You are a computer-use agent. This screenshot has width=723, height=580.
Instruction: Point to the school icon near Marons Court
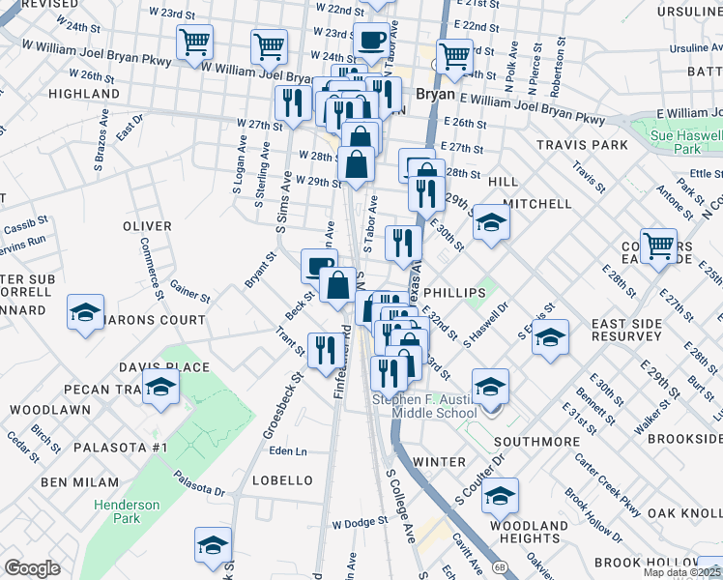pyautogui.click(x=85, y=313)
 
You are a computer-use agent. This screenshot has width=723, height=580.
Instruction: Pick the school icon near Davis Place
pyautogui.click(x=161, y=389)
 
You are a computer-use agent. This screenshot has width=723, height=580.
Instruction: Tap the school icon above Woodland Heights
pyautogui.click(x=500, y=496)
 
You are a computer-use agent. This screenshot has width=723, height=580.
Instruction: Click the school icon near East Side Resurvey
pyautogui.click(x=550, y=337)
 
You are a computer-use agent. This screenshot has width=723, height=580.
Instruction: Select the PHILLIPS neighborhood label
pyautogui.click(x=453, y=292)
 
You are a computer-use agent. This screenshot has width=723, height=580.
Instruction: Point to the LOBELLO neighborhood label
pyautogui.click(x=282, y=480)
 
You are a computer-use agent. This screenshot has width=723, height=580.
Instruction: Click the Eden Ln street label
pyautogui.click(x=288, y=451)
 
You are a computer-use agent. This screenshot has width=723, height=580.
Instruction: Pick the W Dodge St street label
pyautogui.click(x=360, y=521)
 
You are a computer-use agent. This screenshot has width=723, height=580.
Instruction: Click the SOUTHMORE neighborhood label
pyautogui.click(x=535, y=441)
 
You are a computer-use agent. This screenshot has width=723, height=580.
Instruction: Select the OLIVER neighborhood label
pyautogui.click(x=147, y=225)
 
